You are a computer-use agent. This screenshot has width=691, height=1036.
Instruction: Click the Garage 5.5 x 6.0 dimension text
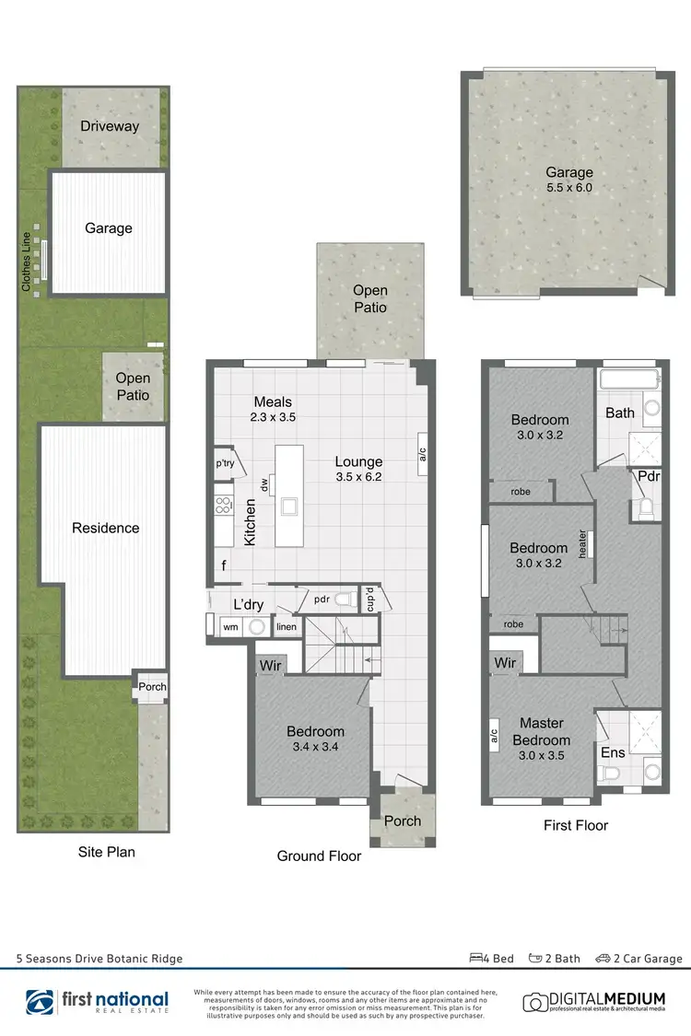coord(568,190)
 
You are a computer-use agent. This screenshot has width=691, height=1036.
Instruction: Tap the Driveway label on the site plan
coord(109,126)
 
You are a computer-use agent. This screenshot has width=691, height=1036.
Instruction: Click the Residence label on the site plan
coord(106,528)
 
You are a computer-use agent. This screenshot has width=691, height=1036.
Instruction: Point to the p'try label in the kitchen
coord(226,464)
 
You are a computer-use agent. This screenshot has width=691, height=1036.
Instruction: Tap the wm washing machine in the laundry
coord(230,627)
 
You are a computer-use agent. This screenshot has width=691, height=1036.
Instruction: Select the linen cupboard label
coord(286,627)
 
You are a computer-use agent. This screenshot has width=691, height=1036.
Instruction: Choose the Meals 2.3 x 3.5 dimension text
coord(274,417)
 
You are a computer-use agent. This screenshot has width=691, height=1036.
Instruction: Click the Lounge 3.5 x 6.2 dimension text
coord(359,477)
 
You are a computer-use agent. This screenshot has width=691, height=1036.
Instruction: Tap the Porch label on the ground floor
coord(403,821)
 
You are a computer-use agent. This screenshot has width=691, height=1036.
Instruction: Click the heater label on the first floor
coord(582,543)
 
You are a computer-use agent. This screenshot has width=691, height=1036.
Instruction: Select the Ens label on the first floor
coord(613,752)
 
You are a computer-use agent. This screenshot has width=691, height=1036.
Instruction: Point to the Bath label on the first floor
coord(619,413)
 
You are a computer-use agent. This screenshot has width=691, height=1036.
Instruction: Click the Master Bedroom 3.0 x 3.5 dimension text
coord(542,755)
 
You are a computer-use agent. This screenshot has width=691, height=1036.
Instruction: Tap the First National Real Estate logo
coord(98,1001)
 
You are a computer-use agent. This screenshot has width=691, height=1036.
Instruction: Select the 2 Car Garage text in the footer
coord(650,959)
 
